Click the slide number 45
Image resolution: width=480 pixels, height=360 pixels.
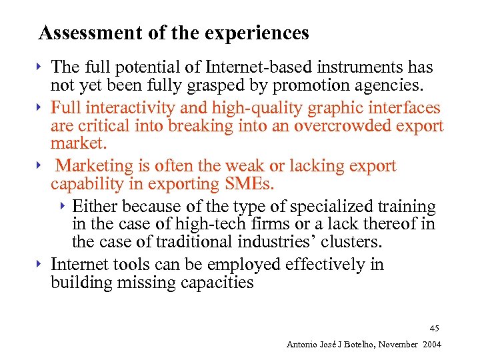coord(434,328)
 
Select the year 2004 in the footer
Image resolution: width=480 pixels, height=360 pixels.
coord(430,344)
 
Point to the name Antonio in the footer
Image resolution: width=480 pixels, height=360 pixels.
coord(302,344)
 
